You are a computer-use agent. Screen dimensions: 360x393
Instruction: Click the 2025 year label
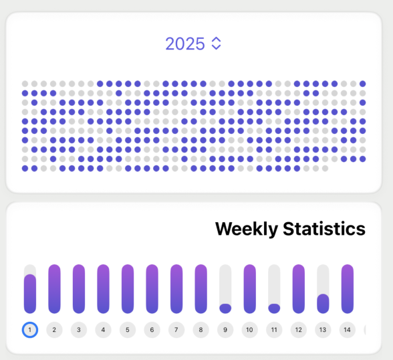pos(185,44)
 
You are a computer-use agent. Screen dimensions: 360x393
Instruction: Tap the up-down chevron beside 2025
pos(215,43)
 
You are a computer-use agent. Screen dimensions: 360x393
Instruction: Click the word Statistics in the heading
pos(323,229)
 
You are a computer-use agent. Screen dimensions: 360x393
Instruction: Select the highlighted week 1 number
pos(30,329)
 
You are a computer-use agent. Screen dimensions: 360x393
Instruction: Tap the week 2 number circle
pos(54,329)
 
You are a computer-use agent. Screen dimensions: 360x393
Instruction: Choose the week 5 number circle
pos(127,329)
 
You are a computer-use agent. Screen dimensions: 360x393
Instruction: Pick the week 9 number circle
pos(225,329)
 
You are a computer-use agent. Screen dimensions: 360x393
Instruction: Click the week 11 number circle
pos(274,329)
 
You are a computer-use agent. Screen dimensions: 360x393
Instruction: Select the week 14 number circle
pos(347,329)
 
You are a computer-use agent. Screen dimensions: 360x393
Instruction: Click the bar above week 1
pos(30,293)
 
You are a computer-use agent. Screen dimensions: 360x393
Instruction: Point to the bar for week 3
pos(79,288)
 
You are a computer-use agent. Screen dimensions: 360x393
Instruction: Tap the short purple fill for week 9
pos(225,308)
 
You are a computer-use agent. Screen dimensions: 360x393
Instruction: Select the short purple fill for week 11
pos(274,308)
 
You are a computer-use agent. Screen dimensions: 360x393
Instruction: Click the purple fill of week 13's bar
pos(323,304)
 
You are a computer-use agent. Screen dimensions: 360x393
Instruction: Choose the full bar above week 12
pos(299,288)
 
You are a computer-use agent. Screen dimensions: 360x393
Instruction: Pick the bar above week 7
pos(176,288)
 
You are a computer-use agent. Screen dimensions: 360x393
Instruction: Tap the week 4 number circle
pos(103,329)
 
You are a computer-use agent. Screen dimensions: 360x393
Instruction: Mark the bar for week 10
pos(249,288)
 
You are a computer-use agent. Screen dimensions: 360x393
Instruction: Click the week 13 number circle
pos(323,329)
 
